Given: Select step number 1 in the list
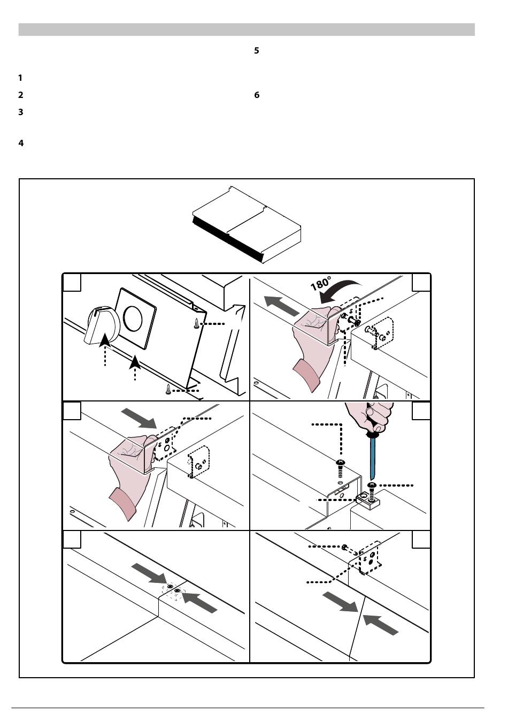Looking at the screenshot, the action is click(x=20, y=78).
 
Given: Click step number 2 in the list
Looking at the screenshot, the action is click(x=20, y=95).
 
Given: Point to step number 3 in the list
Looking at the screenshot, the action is click(x=20, y=112).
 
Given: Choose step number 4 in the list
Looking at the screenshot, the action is click(x=21, y=143).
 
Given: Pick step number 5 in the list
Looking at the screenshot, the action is click(x=257, y=51).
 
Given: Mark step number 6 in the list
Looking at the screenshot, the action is click(x=257, y=95).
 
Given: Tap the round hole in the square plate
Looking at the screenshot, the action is click(x=133, y=317).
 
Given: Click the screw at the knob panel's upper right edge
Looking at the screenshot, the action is click(x=197, y=323).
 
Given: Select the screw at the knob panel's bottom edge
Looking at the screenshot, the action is click(x=170, y=390).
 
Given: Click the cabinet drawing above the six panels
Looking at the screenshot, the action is click(x=247, y=224).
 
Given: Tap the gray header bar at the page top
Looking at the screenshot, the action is click(x=247, y=29).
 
